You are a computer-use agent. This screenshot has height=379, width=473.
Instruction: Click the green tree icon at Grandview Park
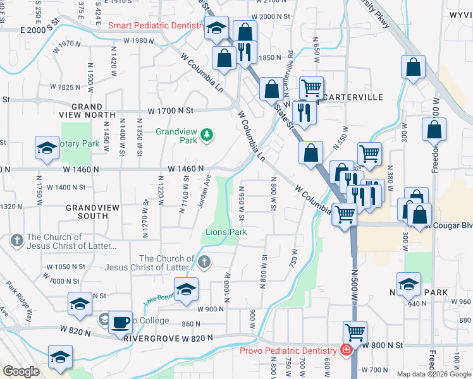(x=206, y=135)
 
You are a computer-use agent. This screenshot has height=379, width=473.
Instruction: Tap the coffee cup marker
(x=120, y=322)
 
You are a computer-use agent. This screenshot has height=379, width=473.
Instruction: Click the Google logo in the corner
(x=21, y=371)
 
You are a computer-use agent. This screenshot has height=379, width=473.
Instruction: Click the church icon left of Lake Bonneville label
(x=203, y=262)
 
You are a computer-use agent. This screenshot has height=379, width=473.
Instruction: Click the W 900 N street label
(x=212, y=310)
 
